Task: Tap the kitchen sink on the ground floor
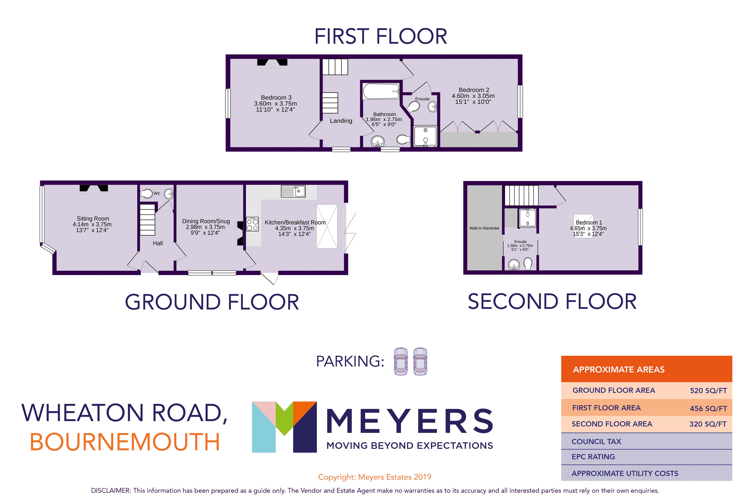pyautogui.click(x=293, y=191)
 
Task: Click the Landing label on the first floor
pyautogui.click(x=341, y=121)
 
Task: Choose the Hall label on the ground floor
pyautogui.click(x=158, y=243)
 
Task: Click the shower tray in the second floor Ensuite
pyautogui.click(x=527, y=218)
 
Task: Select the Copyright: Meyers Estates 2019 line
pyautogui.click(x=375, y=477)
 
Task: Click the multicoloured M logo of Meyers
pyautogui.click(x=284, y=427)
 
